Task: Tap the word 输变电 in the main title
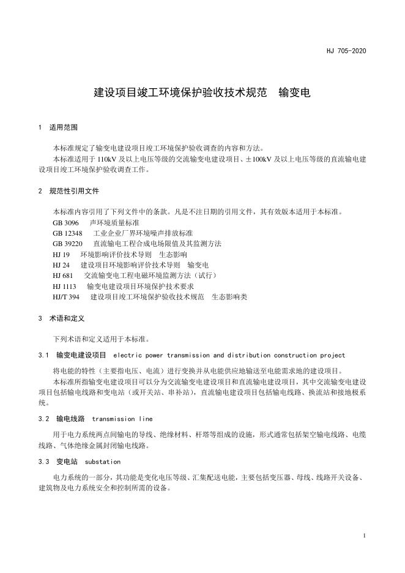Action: coord(294,94)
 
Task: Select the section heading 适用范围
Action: coord(64,128)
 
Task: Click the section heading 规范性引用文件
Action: coord(74,191)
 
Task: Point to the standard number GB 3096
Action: coord(65,223)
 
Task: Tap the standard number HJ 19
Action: coord(62,254)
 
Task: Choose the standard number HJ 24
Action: coord(62,265)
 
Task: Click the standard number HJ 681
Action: coord(63,275)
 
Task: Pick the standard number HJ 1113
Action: coord(65,286)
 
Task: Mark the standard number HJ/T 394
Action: coord(66,297)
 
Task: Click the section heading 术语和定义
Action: coord(67,319)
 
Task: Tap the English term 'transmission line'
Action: coord(122,419)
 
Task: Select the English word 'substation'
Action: coord(103,461)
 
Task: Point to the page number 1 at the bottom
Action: coord(364,536)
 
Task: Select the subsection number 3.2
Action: coord(43,419)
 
